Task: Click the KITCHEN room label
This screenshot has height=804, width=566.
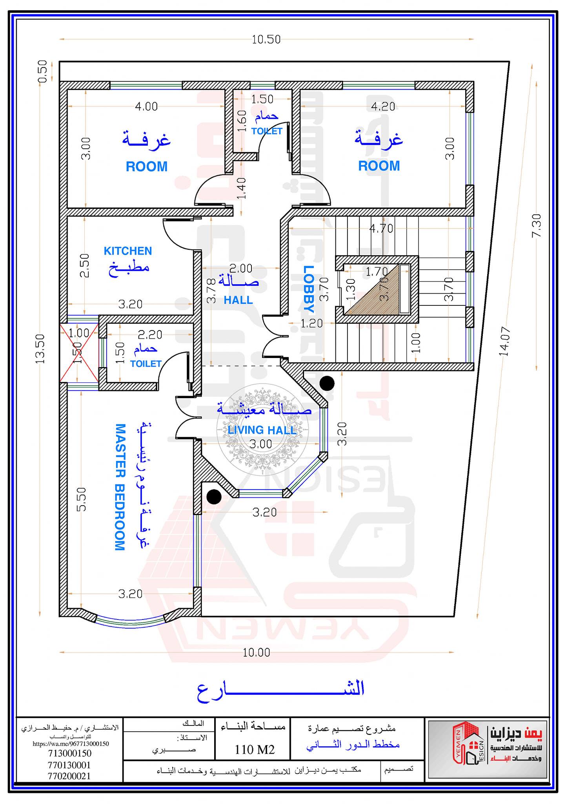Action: point(127,251)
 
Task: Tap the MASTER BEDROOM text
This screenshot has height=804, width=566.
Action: point(120,487)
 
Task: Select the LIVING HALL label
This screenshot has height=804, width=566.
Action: point(262,430)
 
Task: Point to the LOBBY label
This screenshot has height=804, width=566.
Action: point(309,289)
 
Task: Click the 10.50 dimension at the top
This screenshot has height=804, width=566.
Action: point(266,39)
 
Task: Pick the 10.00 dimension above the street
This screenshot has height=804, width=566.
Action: point(257,652)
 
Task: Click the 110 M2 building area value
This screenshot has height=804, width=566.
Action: point(255,749)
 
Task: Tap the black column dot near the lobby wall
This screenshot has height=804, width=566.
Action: point(327,383)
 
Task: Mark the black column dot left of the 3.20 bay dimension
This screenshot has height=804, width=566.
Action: point(214,497)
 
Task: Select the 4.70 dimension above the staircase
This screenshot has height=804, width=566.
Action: point(381,228)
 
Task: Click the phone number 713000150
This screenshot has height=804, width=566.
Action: point(70,753)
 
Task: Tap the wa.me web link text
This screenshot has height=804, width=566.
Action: point(71,744)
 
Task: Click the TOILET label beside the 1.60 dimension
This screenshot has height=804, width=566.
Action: point(267,131)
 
